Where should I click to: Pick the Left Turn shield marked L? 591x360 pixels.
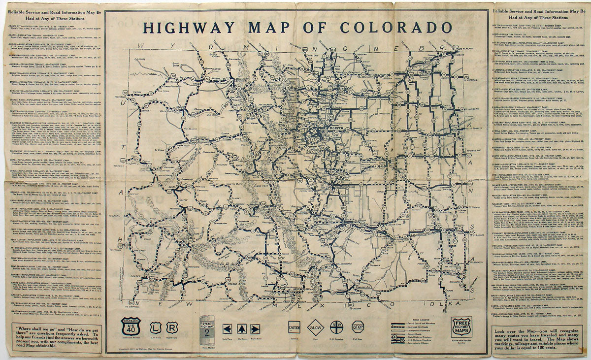coord(156,328)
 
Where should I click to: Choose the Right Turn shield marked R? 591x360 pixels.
coord(172,328)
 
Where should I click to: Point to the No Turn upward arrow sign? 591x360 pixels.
coord(241,328)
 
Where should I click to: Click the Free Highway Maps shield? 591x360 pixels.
coord(461,327)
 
